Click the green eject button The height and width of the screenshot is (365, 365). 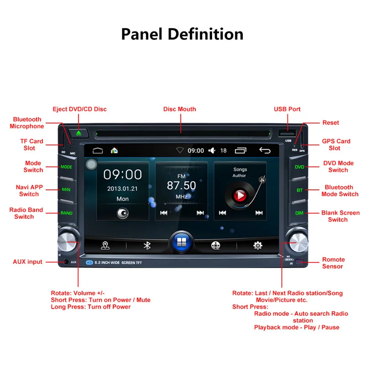click(78, 133)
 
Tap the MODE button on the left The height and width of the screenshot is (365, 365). click(67, 167)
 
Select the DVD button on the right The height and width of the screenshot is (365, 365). click(299, 167)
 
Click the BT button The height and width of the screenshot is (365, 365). click(299, 190)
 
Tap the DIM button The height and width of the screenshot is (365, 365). click(299, 213)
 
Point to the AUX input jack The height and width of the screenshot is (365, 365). click(67, 262)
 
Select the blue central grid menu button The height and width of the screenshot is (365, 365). click(181, 244)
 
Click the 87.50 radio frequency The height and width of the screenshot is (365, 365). click(181, 185)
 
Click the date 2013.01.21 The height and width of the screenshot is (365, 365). click(122, 188)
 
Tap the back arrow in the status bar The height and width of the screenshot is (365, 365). click(265, 150)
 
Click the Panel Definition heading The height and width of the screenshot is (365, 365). click(182, 34)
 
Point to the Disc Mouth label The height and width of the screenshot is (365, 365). click(180, 109)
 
